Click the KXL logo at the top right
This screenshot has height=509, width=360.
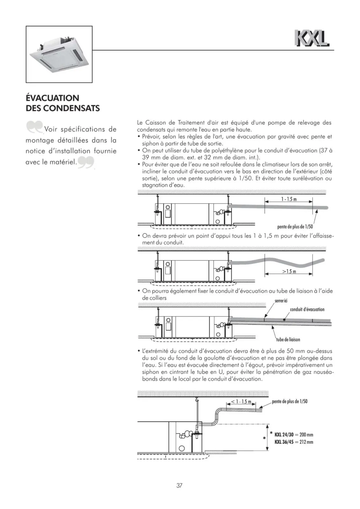pyautogui.click(x=312, y=38)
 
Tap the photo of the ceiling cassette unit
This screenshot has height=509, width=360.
pyautogui.click(x=59, y=54)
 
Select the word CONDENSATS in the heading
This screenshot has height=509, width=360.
pyautogui.click(x=72, y=108)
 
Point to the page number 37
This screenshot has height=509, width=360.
pyautogui.click(x=179, y=485)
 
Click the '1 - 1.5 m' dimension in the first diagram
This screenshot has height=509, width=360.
pyautogui.click(x=289, y=199)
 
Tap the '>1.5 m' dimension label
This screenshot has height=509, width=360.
pyautogui.click(x=289, y=271)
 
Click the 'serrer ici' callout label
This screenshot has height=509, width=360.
pyautogui.click(x=281, y=301)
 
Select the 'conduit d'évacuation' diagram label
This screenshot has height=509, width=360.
pyautogui.click(x=307, y=309)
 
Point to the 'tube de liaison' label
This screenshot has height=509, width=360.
pyautogui.click(x=288, y=339)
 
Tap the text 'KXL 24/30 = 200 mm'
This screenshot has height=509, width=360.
pyautogui.click(x=294, y=435)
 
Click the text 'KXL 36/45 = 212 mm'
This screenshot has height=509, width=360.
pyautogui.click(x=294, y=442)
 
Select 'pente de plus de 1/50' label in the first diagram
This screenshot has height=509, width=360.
pyautogui.click(x=295, y=227)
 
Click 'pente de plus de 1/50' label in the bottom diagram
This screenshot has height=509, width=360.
pyautogui.click(x=290, y=401)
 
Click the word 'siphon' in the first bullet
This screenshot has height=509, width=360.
pyautogui.click(x=149, y=143)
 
